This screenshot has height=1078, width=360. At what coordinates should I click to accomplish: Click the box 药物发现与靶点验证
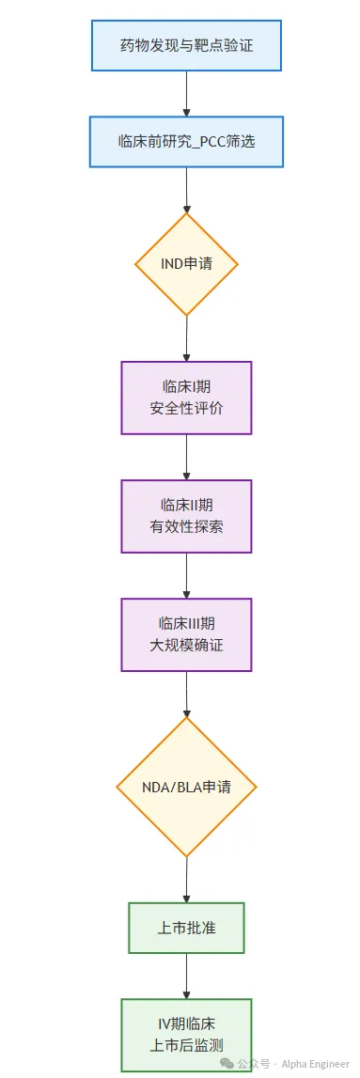(x=186, y=46)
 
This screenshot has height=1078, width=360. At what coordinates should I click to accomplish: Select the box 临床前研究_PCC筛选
(x=186, y=141)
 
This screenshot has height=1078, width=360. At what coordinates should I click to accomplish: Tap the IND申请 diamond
(x=186, y=263)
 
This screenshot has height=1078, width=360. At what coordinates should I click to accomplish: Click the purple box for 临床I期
(x=186, y=398)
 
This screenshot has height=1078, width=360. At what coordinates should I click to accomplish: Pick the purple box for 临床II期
(x=186, y=516)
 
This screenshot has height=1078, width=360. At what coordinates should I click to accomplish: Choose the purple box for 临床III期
(x=186, y=634)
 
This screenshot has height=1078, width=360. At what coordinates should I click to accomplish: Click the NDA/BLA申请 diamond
(x=186, y=787)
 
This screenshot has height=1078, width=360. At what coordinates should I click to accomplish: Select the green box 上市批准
(x=186, y=928)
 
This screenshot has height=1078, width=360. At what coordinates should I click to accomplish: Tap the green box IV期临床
(x=186, y=1035)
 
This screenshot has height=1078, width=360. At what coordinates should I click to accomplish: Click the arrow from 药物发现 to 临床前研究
(x=186, y=93)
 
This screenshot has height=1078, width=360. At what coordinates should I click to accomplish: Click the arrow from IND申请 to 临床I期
(x=186, y=337)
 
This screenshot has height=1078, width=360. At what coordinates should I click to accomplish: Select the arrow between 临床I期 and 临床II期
(x=186, y=457)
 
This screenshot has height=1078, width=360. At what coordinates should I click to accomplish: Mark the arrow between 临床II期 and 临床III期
(x=186, y=575)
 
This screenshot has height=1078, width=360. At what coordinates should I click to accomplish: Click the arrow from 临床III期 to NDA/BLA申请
(x=186, y=694)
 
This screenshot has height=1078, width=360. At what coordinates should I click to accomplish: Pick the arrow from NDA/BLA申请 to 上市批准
(x=186, y=880)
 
